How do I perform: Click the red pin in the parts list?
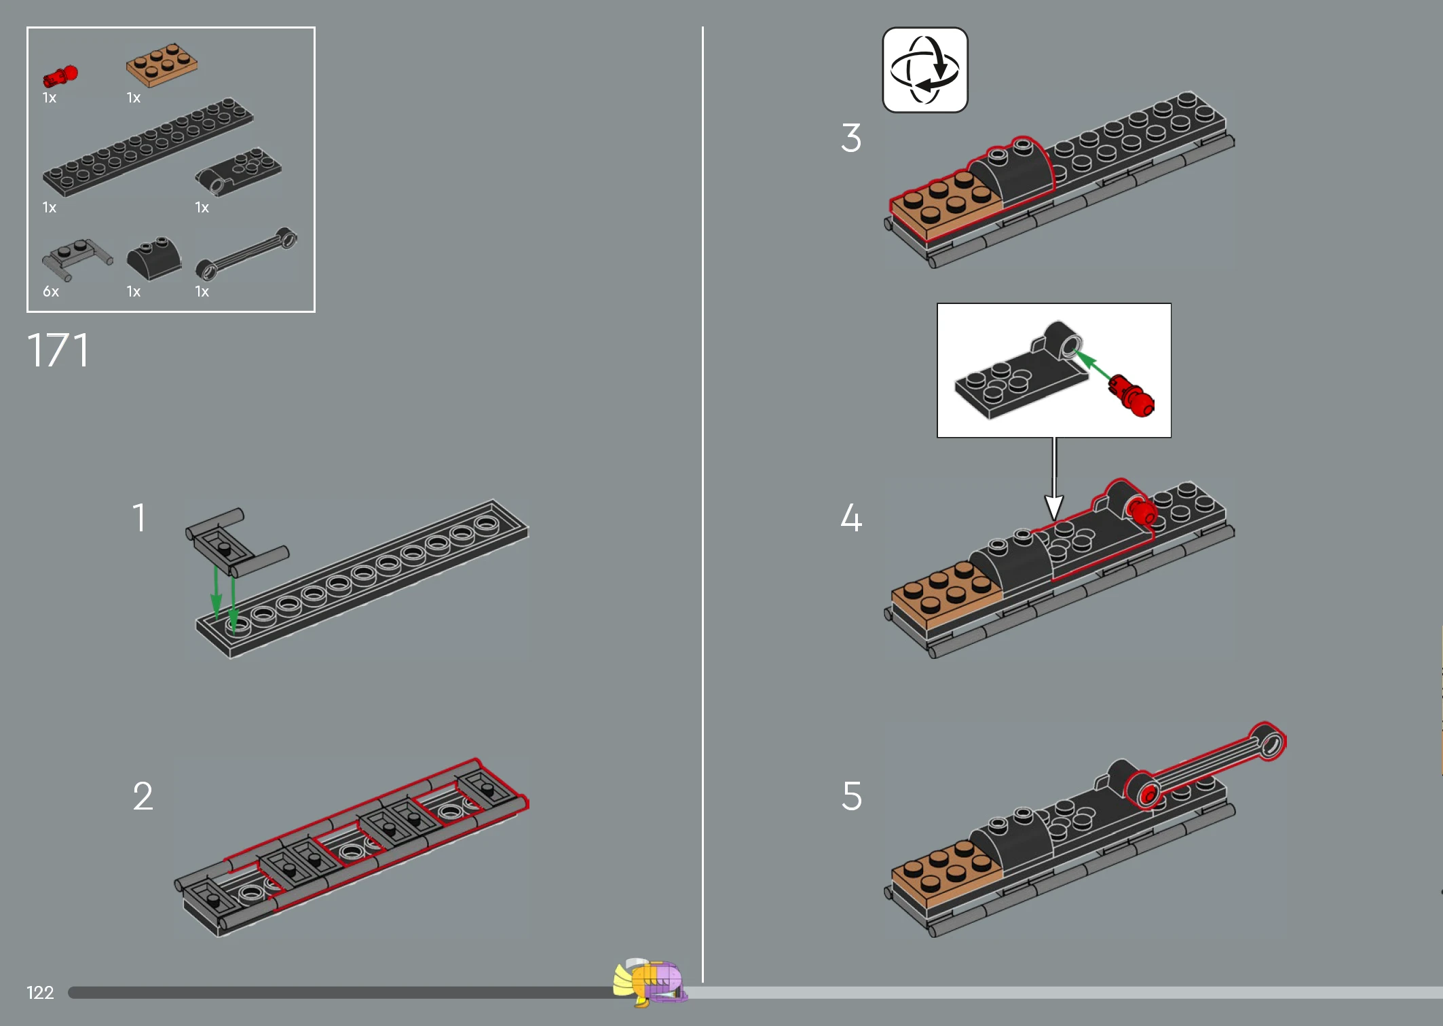(x=60, y=75)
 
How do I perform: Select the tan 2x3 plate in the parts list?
(x=162, y=65)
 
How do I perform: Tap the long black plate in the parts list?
(x=148, y=147)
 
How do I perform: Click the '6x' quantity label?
(x=51, y=292)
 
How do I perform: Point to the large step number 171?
(x=58, y=350)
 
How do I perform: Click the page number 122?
(x=40, y=993)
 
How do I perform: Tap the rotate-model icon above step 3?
(x=925, y=70)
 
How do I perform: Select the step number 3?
(x=851, y=138)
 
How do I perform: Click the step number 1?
(x=139, y=518)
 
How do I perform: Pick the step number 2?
(x=143, y=796)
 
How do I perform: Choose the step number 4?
(x=851, y=518)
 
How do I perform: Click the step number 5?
(x=852, y=796)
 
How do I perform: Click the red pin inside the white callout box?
(x=1131, y=396)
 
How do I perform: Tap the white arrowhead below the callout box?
(x=1054, y=508)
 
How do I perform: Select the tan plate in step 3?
(x=945, y=205)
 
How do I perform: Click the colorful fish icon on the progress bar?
(x=650, y=982)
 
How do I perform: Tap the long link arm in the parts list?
(x=246, y=253)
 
